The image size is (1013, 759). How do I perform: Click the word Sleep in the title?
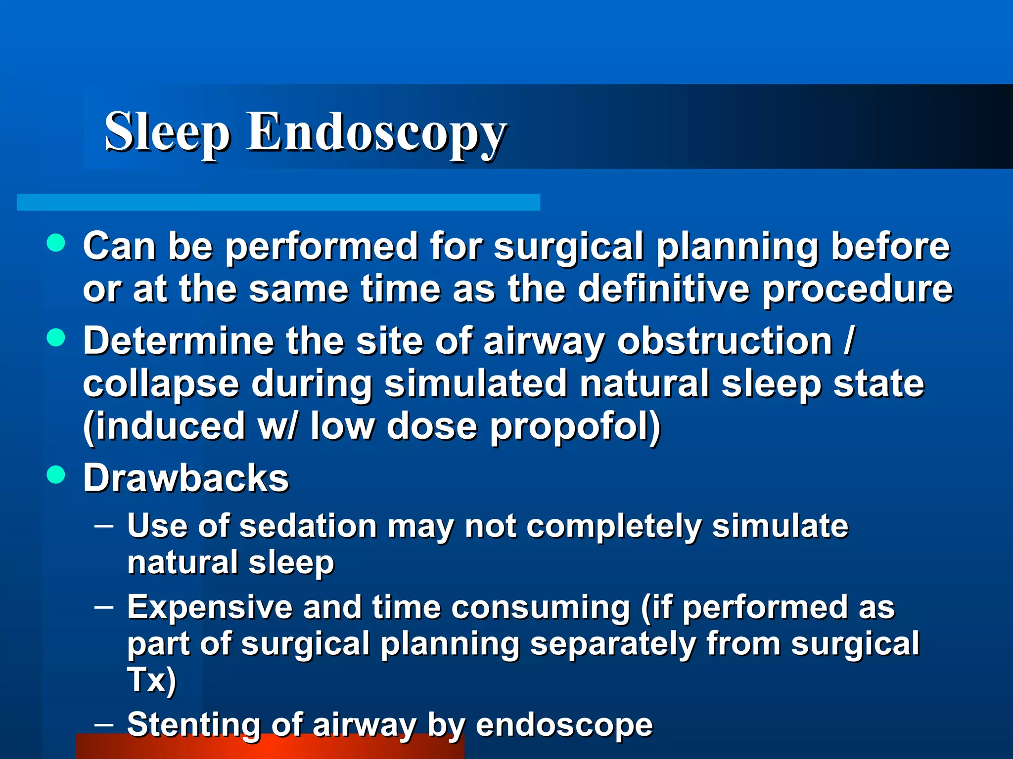click(x=166, y=132)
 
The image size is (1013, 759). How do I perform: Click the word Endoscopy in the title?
click(x=376, y=132)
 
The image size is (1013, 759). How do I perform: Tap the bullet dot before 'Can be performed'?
click(x=56, y=243)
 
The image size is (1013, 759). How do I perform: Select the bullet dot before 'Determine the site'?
click(x=56, y=338)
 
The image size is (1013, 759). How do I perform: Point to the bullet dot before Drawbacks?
click(x=56, y=475)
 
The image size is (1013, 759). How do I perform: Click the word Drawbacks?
click(x=186, y=478)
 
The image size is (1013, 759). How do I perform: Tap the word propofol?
click(x=575, y=426)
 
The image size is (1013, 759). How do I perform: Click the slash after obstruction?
click(x=849, y=341)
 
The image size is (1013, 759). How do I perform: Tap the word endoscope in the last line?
click(x=564, y=725)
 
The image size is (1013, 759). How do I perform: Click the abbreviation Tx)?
click(x=151, y=680)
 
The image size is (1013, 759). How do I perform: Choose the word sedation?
click(x=308, y=526)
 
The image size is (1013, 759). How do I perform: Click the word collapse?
click(x=161, y=384)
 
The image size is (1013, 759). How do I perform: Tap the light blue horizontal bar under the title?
click(x=278, y=203)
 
